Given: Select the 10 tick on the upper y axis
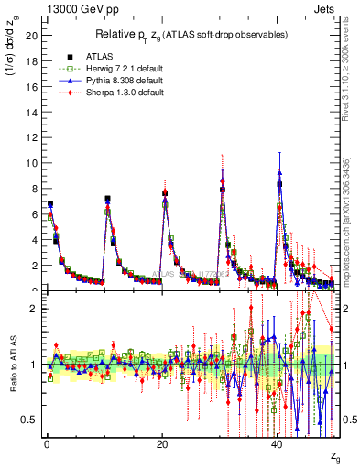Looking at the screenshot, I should [32, 163].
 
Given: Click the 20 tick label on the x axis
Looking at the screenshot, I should [162, 445].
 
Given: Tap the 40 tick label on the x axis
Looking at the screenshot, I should [278, 445].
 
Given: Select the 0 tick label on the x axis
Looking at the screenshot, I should [46, 445].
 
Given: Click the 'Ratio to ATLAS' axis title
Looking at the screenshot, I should [12, 365].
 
